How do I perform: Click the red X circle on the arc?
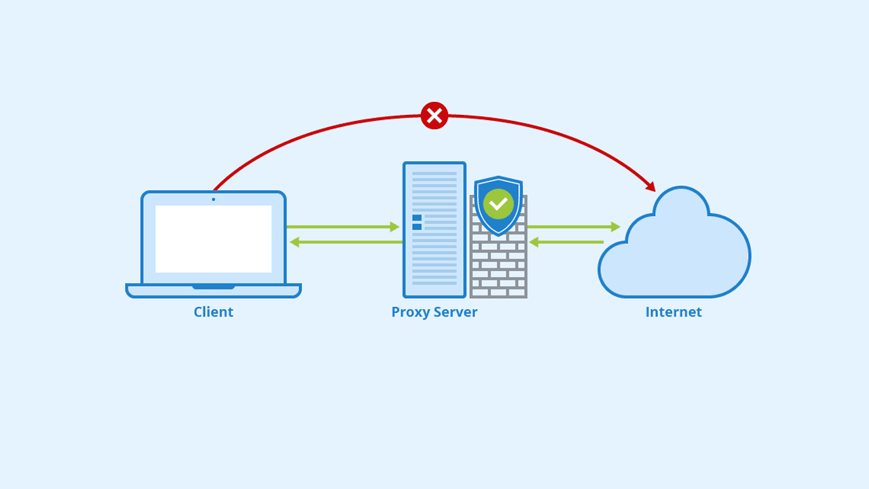(x=434, y=115)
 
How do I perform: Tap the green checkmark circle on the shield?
(x=498, y=204)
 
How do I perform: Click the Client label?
(x=213, y=312)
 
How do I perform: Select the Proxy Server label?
(x=434, y=312)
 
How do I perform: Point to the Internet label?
(x=673, y=312)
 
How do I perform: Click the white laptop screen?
(x=213, y=239)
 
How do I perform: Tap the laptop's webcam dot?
(x=213, y=199)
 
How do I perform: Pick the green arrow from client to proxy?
(x=343, y=227)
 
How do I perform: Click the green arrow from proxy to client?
(x=346, y=242)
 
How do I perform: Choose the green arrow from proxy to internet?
(x=574, y=227)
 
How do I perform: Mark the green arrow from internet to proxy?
(x=566, y=242)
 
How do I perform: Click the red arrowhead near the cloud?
(x=650, y=186)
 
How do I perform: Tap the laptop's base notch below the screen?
(x=213, y=287)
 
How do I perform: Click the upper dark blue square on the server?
(x=417, y=218)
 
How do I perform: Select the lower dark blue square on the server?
(x=417, y=227)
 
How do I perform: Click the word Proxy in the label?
(x=410, y=312)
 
